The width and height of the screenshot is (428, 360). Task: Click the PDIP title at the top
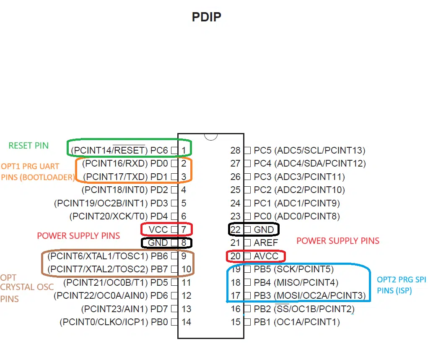(x=206, y=17)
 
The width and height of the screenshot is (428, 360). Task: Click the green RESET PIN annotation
(x=29, y=146)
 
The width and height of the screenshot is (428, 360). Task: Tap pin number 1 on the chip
(x=184, y=150)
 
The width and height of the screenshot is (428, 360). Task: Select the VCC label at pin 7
(x=158, y=230)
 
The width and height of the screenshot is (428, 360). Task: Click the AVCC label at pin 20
(x=266, y=256)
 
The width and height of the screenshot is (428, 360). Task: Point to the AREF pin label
(x=266, y=243)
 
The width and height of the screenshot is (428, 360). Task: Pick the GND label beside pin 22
(x=264, y=230)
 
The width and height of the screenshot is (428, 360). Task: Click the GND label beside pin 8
(x=158, y=243)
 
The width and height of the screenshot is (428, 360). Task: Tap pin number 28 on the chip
(x=235, y=150)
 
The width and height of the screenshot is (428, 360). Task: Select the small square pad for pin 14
(x=174, y=322)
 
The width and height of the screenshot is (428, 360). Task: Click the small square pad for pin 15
(x=247, y=322)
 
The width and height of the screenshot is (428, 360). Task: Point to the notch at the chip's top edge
(x=211, y=137)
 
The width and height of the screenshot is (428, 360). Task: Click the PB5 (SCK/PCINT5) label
(x=294, y=269)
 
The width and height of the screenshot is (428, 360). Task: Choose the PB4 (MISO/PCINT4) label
(x=296, y=282)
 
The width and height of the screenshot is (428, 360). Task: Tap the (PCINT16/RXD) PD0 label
(x=125, y=163)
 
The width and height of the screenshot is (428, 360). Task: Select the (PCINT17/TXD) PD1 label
(x=126, y=177)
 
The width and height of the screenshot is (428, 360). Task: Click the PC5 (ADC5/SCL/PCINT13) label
(x=309, y=150)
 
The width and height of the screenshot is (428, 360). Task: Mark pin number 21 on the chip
(x=235, y=243)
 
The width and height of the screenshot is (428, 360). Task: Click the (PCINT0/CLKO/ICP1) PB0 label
(x=114, y=322)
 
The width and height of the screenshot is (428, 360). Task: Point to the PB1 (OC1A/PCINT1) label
(x=297, y=322)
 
